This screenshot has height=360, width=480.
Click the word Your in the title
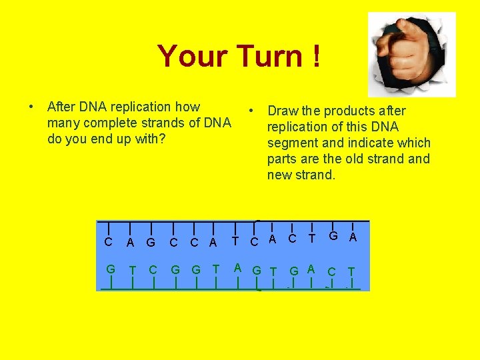186,57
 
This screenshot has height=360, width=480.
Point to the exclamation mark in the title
314,57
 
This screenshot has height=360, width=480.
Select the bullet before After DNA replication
31,107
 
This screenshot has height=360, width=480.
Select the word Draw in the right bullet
283,111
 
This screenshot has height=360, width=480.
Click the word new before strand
280,175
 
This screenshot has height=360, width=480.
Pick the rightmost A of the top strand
353,237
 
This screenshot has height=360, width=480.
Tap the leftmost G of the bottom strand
111,269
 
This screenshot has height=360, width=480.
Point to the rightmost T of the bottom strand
351,271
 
